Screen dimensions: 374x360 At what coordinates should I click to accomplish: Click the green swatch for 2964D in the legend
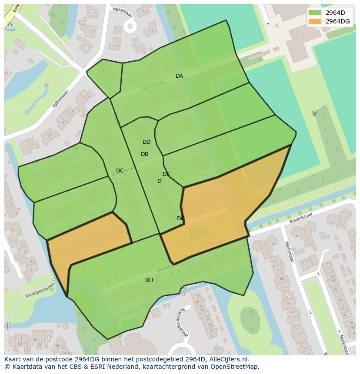[315, 13]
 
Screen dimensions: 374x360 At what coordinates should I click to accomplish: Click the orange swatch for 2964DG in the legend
[315, 21]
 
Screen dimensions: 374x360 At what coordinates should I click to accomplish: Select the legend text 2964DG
[337, 21]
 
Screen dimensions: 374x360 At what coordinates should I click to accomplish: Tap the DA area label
[179, 76]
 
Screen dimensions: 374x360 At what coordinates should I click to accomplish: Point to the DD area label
[147, 142]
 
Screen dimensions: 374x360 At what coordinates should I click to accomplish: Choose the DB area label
[144, 154]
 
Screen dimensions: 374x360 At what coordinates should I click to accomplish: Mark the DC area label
[120, 171]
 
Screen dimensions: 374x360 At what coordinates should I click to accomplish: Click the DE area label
[166, 174]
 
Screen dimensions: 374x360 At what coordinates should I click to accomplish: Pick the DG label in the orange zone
[181, 218]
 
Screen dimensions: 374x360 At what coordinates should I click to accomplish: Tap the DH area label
[149, 280]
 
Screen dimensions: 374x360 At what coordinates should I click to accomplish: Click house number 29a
[166, 306]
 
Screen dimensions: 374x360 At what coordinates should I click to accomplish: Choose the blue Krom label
[10, 30]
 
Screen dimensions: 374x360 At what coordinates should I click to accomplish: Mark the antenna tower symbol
[314, 113]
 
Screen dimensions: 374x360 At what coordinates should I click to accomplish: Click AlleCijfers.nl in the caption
[227, 359]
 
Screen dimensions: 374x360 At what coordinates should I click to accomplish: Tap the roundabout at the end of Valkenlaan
[130, 26]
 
